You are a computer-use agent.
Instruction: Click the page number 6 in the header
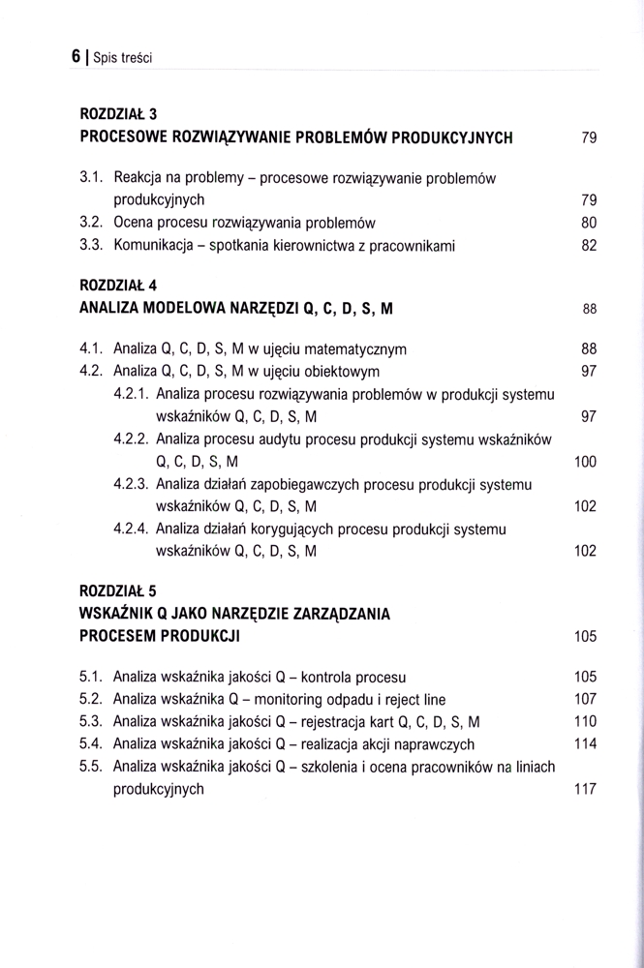click(76, 56)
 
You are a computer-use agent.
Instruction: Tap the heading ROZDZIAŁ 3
click(119, 113)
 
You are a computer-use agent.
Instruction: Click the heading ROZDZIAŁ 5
click(119, 589)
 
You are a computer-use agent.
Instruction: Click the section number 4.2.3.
click(131, 483)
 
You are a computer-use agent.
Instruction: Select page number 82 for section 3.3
click(589, 246)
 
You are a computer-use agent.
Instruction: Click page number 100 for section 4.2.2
click(585, 462)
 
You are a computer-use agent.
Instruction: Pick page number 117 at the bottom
click(585, 789)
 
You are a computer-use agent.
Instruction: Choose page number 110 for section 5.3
click(585, 721)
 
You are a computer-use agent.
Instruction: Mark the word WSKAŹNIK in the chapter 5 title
click(120, 612)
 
